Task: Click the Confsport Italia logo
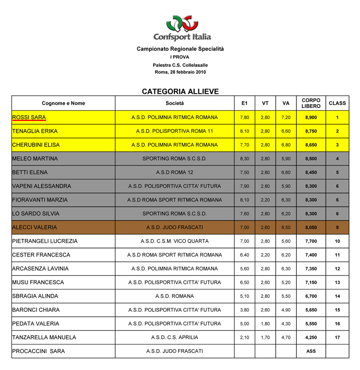pos(182,28)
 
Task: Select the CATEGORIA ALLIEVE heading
pos(180,92)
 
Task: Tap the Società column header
pos(175,103)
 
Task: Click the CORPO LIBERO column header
pos(311,103)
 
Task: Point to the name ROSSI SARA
pos(29,117)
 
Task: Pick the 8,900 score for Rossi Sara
pos(311,118)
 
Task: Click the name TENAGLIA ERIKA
pos(35,131)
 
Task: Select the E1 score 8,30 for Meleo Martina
pos(244,159)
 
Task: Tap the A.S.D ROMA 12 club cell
pos(175,173)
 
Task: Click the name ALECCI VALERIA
pos(35,227)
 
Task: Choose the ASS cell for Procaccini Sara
pos(311,351)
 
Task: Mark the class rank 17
pos(337,338)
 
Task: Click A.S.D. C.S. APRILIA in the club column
pos(175,337)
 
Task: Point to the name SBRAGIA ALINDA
pos(35,296)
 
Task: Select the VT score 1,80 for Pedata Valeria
pos(265,324)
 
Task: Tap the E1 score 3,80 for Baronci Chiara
pos(244,310)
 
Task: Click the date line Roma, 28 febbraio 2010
pos(180,72)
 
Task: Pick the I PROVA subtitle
pos(180,57)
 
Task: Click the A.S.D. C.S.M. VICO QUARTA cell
pos(175,241)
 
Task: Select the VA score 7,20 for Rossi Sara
pos(286,118)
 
